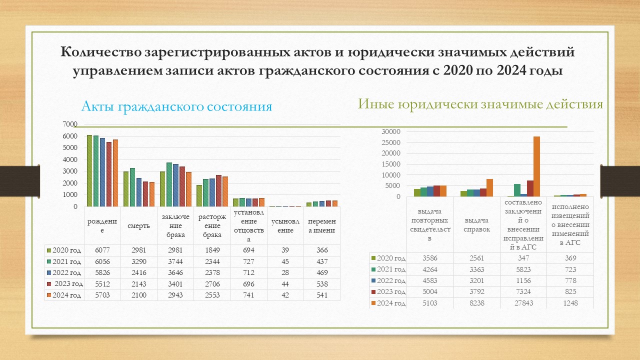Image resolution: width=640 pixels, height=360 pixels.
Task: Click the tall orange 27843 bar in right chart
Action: (536, 166)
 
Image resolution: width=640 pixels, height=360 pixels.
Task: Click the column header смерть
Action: (138, 225)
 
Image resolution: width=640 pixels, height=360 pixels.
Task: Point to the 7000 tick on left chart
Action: (70, 124)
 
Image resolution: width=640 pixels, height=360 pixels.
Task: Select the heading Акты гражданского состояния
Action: (176, 106)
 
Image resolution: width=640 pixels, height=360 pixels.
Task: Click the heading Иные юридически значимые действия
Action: (480, 104)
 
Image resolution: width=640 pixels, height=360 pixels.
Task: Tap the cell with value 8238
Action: (476, 303)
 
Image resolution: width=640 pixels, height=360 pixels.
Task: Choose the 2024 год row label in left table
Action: (64, 295)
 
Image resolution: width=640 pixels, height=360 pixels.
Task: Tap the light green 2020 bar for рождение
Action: (89, 170)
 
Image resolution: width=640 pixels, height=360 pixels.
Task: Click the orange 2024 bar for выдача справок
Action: (489, 187)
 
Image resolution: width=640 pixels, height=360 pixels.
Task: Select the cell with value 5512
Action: (102, 284)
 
